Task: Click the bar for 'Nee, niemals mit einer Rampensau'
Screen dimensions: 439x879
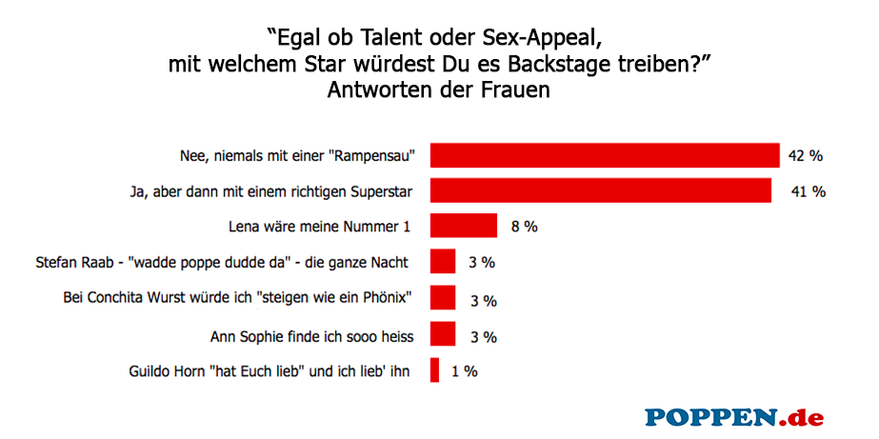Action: pos(605,155)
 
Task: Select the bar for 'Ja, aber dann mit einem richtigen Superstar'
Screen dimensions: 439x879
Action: pos(600,190)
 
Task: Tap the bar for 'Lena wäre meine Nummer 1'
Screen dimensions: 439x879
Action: pos(464,226)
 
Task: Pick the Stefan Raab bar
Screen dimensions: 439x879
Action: pos(443,262)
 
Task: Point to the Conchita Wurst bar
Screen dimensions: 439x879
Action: pos(443,298)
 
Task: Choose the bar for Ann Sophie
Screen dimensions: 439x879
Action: pos(443,334)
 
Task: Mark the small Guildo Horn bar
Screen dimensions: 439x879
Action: pos(435,370)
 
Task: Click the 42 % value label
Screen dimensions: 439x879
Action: pos(805,155)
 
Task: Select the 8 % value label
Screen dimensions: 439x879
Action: pos(523,227)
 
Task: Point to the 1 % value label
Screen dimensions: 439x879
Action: pos(463,371)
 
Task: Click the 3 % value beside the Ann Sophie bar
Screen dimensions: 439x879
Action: pos(484,336)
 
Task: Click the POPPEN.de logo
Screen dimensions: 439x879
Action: pos(733,416)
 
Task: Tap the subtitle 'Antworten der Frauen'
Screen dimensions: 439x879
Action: pos(439,90)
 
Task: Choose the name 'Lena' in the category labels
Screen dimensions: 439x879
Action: pos(246,228)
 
